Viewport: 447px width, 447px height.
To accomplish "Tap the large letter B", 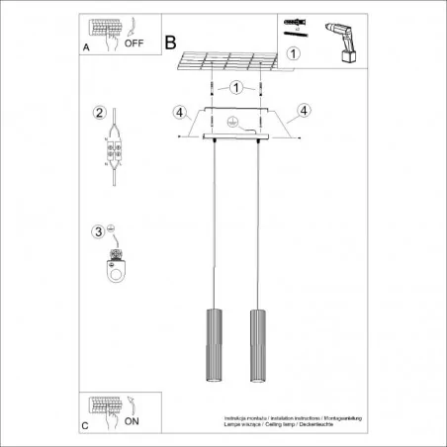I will pyautogui.click(x=170, y=43).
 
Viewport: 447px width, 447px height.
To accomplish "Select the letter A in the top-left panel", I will pyautogui.click(x=86, y=45).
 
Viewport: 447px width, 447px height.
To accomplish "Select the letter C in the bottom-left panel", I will pyautogui.click(x=86, y=425).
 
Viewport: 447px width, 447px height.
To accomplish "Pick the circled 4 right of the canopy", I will pyautogui.click(x=304, y=111).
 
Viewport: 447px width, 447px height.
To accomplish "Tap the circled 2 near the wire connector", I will pyautogui.click(x=99, y=112).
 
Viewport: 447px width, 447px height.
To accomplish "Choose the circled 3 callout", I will pyautogui.click(x=98, y=232).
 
